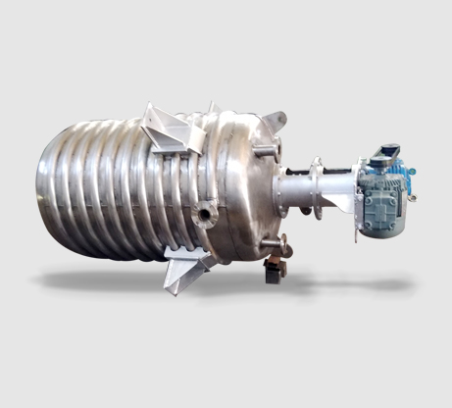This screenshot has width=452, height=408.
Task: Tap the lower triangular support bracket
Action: [x=186, y=268]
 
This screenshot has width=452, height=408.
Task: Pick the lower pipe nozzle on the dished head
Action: [x=279, y=242]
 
